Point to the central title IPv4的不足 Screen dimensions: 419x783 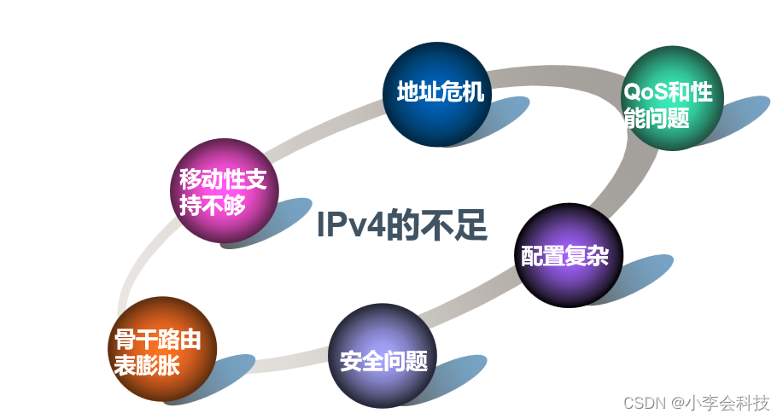(x=401, y=226)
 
